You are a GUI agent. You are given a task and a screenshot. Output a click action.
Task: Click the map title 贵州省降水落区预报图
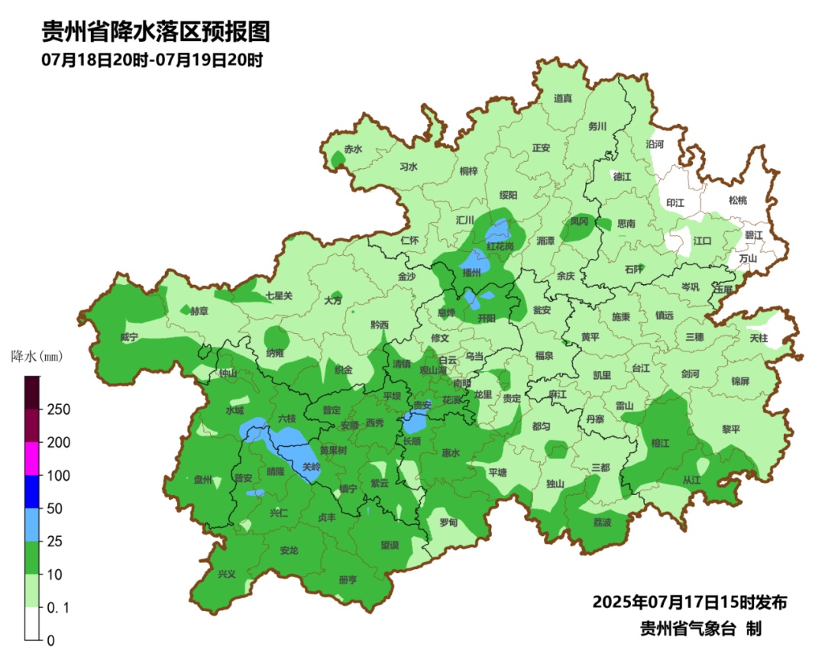(155, 32)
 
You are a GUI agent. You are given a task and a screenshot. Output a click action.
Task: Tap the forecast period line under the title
(152, 60)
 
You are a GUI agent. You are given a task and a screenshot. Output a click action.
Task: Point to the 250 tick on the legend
(60, 409)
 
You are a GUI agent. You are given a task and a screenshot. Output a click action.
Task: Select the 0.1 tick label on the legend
(60, 607)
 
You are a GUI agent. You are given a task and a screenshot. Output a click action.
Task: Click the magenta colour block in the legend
(32, 458)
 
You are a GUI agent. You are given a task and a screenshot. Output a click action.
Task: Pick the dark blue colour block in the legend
(32, 491)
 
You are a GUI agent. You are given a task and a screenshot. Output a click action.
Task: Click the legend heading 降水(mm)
(36, 356)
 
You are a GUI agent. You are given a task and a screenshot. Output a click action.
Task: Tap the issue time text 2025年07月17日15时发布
(689, 602)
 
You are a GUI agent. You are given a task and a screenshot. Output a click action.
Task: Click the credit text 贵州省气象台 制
(700, 629)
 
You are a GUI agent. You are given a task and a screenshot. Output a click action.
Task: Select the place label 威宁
(129, 337)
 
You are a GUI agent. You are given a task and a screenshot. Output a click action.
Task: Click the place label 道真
(563, 98)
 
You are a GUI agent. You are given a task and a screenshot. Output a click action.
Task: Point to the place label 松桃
(737, 200)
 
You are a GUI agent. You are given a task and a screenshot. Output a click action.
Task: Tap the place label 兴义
(227, 574)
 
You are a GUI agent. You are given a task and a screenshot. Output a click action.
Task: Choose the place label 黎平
(731, 429)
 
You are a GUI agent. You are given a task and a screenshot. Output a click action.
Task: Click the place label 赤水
(353, 149)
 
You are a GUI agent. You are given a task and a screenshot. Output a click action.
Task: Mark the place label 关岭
(311, 466)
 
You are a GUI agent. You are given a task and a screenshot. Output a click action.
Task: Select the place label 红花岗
(500, 246)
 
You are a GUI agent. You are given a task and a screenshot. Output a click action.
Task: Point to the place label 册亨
(348, 580)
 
